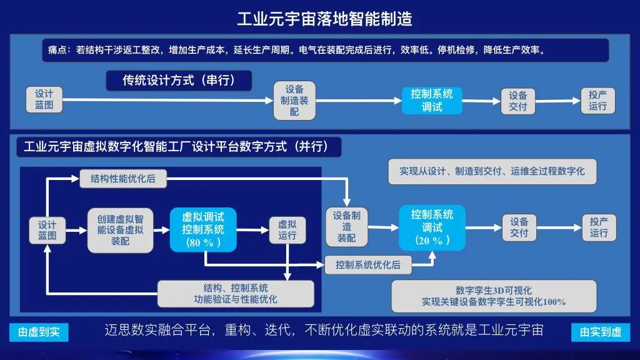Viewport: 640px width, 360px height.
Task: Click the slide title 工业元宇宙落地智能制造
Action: click(x=324, y=19)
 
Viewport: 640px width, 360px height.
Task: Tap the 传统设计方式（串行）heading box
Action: click(x=179, y=81)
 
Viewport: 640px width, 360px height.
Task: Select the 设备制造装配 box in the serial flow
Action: click(x=294, y=101)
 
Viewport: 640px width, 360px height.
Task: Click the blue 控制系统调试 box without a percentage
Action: click(x=432, y=101)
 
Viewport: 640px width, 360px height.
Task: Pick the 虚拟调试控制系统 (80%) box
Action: click(x=203, y=230)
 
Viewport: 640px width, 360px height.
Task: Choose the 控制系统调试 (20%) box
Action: click(x=432, y=227)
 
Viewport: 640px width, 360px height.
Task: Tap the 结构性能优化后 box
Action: click(x=123, y=179)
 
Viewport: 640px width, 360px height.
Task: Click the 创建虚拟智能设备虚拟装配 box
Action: click(x=121, y=230)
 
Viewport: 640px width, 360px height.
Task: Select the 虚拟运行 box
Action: click(x=287, y=230)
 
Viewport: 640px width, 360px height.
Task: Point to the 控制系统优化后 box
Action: click(x=367, y=265)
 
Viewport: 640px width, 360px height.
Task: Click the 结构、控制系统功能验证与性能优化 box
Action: click(x=236, y=294)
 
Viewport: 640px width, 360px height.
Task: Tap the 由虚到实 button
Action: click(x=39, y=332)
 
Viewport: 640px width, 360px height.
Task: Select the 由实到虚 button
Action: click(x=601, y=332)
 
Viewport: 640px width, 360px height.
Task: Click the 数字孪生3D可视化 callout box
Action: click(x=494, y=296)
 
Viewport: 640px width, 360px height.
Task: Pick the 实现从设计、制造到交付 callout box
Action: click(x=492, y=171)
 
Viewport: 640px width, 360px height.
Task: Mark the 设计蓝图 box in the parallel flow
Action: click(x=47, y=230)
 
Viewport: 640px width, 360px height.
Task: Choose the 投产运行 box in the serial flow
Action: click(x=597, y=101)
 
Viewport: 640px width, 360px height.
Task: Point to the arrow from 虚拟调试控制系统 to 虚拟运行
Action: click(x=252, y=230)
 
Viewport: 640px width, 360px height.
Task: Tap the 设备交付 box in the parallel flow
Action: click(x=519, y=227)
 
